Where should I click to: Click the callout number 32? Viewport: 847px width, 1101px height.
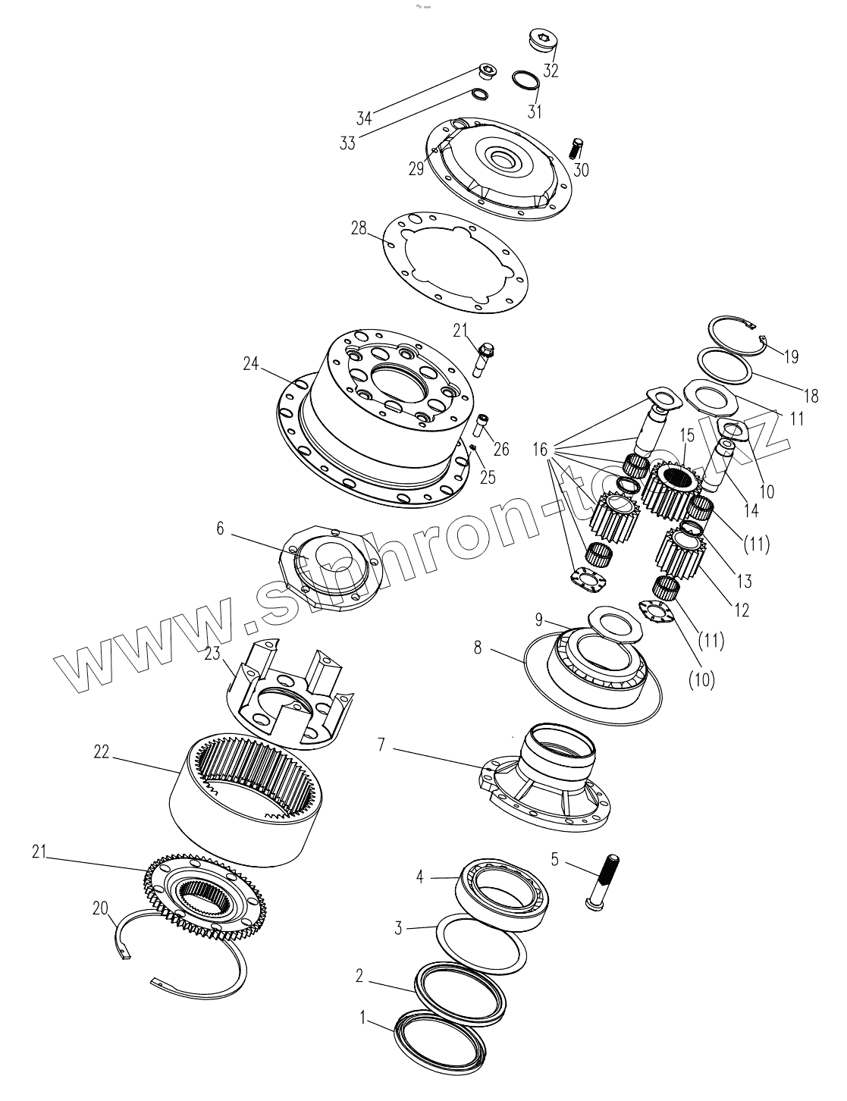coord(551,71)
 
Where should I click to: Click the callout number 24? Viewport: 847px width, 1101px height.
coord(251,365)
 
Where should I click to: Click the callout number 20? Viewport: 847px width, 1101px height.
coord(100,908)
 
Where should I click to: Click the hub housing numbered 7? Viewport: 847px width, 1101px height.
coord(547,781)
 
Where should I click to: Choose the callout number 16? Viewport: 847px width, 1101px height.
coord(539,450)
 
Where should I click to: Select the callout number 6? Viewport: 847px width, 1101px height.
coord(221,528)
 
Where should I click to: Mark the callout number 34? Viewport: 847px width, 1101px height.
coord(364,118)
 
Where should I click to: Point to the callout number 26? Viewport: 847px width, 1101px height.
coord(501,449)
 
